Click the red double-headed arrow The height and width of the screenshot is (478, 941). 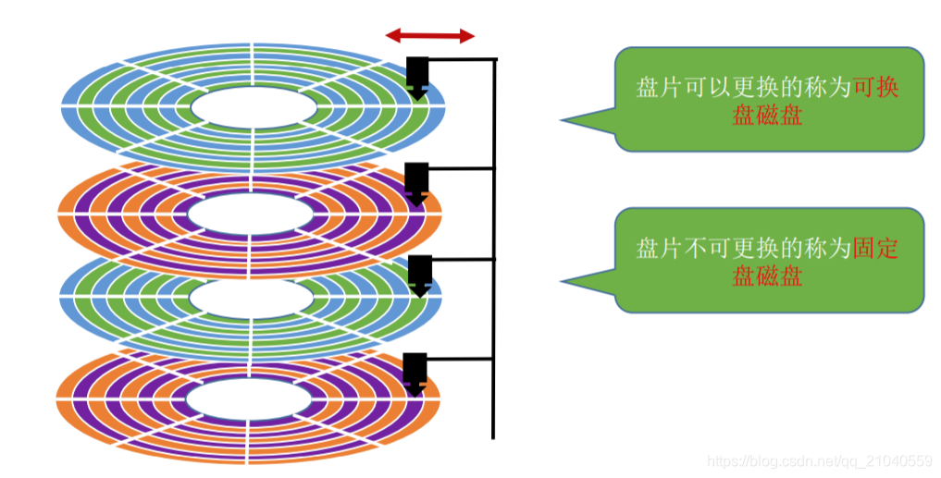click(430, 36)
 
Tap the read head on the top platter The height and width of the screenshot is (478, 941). click(417, 76)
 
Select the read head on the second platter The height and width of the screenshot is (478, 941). click(417, 181)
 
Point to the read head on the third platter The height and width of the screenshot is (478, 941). click(420, 274)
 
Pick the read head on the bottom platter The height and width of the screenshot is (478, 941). click(415, 372)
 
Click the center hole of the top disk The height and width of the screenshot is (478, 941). click(253, 106)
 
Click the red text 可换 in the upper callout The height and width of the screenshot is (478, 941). click(875, 88)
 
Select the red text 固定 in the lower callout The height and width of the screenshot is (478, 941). click(875, 248)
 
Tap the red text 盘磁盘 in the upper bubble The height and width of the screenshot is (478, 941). click(767, 116)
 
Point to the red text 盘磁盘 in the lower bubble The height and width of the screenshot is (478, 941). click(767, 276)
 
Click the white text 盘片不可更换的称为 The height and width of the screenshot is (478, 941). click(743, 248)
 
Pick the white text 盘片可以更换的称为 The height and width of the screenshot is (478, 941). click(743, 88)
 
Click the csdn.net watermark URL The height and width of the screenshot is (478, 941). click(820, 460)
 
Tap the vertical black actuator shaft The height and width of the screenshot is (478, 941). click(494, 250)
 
